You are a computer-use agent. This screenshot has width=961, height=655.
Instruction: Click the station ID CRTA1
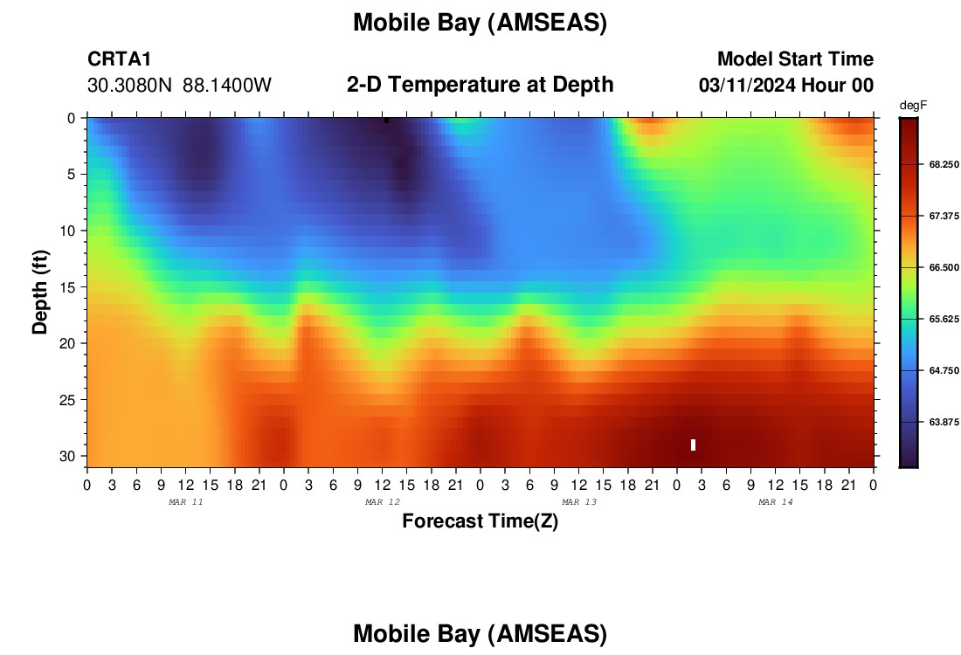(x=119, y=59)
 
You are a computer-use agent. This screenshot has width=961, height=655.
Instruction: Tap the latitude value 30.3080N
(x=129, y=86)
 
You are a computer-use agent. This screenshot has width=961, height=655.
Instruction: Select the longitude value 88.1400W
(x=227, y=86)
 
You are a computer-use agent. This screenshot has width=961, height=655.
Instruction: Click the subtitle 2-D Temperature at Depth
(x=480, y=85)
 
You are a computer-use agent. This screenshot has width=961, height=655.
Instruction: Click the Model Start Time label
(x=796, y=59)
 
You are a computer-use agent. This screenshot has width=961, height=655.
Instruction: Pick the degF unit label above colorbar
(x=913, y=106)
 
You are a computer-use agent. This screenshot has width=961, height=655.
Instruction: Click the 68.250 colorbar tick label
(x=944, y=164)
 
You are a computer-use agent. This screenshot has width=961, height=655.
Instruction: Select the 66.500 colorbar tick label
(x=944, y=267)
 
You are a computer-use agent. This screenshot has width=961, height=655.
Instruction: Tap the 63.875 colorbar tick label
(x=944, y=422)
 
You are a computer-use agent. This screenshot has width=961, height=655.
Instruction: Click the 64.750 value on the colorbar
(x=944, y=370)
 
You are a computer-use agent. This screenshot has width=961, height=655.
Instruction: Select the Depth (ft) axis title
(x=40, y=292)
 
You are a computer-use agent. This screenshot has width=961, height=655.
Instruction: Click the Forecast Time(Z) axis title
(x=480, y=521)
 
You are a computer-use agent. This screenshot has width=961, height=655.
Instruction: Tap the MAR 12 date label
(x=383, y=502)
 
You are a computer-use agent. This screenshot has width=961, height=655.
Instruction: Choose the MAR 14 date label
(x=775, y=502)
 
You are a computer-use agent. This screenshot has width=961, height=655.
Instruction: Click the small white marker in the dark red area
(x=693, y=445)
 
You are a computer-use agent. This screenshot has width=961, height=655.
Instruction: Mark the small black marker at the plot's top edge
(x=386, y=121)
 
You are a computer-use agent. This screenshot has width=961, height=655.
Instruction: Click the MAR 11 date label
(x=186, y=502)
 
